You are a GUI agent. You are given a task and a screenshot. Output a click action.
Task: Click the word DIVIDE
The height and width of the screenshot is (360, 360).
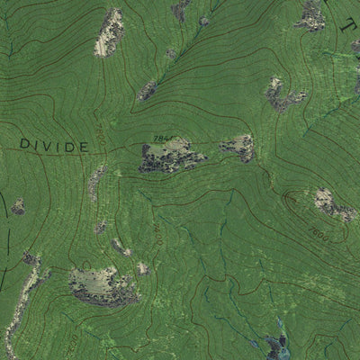pos(54,145)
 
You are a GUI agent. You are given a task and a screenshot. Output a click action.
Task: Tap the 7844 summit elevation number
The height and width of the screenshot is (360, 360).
pos(163,138)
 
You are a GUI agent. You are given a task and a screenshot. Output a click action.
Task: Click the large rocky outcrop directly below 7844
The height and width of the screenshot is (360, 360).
pos(171,157)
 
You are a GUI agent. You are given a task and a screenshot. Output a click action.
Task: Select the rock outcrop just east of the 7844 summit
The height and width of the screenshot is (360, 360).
pos(239,147)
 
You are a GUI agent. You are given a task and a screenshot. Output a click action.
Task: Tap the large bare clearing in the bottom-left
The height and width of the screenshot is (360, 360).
pos(103,285)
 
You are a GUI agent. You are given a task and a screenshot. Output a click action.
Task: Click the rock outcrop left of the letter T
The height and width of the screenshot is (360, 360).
pos(310,14)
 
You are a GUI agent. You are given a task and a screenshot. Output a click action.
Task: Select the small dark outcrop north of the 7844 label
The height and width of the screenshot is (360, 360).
pos(148,90)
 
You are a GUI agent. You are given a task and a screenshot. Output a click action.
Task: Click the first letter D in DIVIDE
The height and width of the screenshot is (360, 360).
pos(25,144)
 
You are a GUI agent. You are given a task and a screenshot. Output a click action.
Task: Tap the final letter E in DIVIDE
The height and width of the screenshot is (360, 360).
pos(84,146)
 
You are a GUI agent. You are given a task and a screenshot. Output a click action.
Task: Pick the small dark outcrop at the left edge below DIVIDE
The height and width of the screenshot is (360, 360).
pos(18,207)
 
